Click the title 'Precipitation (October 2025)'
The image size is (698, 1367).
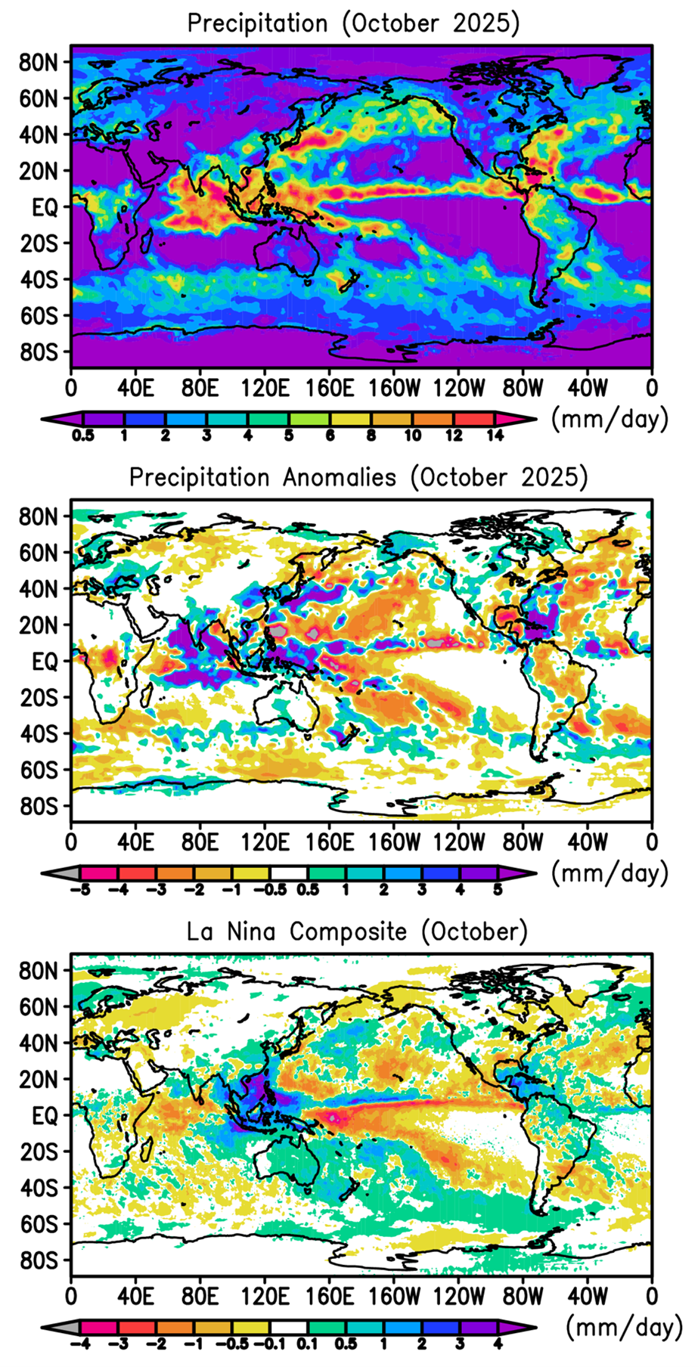click(x=353, y=23)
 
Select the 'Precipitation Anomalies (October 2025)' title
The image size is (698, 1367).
click(x=358, y=478)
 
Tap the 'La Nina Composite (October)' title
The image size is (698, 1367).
click(x=358, y=931)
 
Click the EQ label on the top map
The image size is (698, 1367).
click(x=45, y=206)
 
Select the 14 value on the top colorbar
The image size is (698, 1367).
click(x=494, y=436)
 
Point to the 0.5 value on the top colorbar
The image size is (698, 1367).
click(x=83, y=436)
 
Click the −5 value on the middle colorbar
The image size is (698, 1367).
click(x=80, y=890)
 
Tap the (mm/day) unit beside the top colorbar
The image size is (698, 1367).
click(x=610, y=419)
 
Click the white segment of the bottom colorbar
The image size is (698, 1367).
click(x=289, y=1326)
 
